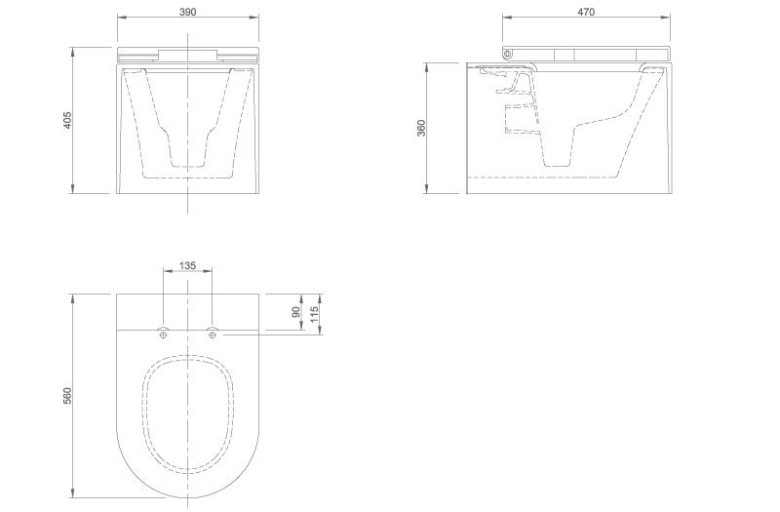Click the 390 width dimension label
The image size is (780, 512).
187,12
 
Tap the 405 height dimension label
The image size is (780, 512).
68,120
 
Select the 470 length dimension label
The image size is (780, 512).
587,12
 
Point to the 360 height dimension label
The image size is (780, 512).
422,129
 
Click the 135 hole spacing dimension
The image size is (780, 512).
187,265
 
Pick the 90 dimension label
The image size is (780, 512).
296,312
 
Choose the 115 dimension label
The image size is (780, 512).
314,314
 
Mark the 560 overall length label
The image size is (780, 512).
68,396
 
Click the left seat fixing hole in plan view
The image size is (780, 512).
164,335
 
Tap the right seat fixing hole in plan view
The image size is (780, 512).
213,335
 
